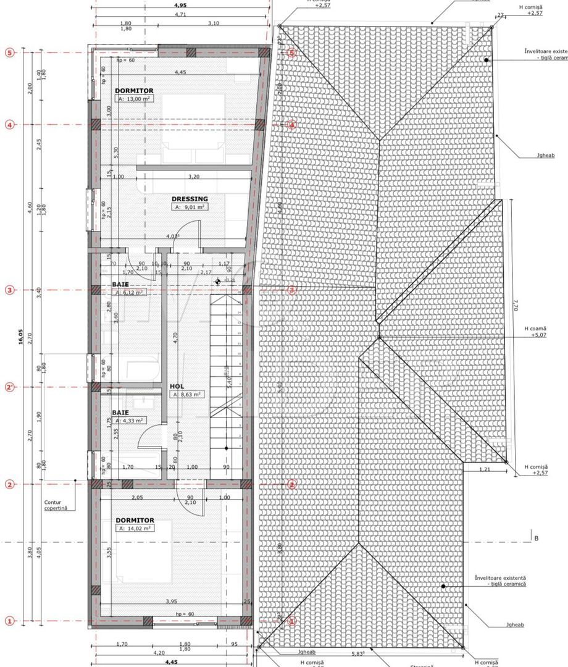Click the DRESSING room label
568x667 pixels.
[190, 199]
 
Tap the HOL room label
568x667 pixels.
[177, 386]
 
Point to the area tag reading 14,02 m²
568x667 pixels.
[135, 529]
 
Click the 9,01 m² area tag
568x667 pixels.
[189, 208]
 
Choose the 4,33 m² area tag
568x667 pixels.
[128, 421]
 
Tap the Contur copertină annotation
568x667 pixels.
[59, 505]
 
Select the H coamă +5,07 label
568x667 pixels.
[535, 333]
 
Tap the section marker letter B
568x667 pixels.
[536, 539]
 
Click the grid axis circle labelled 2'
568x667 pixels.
[9, 387]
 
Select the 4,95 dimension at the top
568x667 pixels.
[181, 4]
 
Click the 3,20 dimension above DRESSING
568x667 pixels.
[193, 177]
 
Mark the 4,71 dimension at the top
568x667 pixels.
[181, 14]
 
